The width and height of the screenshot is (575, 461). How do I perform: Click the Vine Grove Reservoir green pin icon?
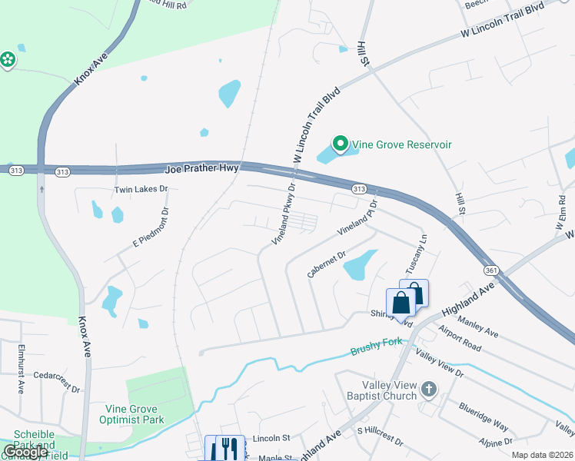[339, 144]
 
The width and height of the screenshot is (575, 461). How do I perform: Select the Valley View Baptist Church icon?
[429, 391]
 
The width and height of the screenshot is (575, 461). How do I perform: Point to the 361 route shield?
[491, 270]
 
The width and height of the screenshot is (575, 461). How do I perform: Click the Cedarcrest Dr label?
[52, 376]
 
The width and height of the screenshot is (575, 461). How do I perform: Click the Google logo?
[26, 452]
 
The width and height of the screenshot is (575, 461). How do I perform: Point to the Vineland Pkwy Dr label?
[284, 214]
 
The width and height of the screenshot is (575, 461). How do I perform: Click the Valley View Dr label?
[439, 363]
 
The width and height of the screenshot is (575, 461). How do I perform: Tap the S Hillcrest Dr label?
[379, 436]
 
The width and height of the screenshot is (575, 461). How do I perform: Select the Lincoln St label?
[270, 438]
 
